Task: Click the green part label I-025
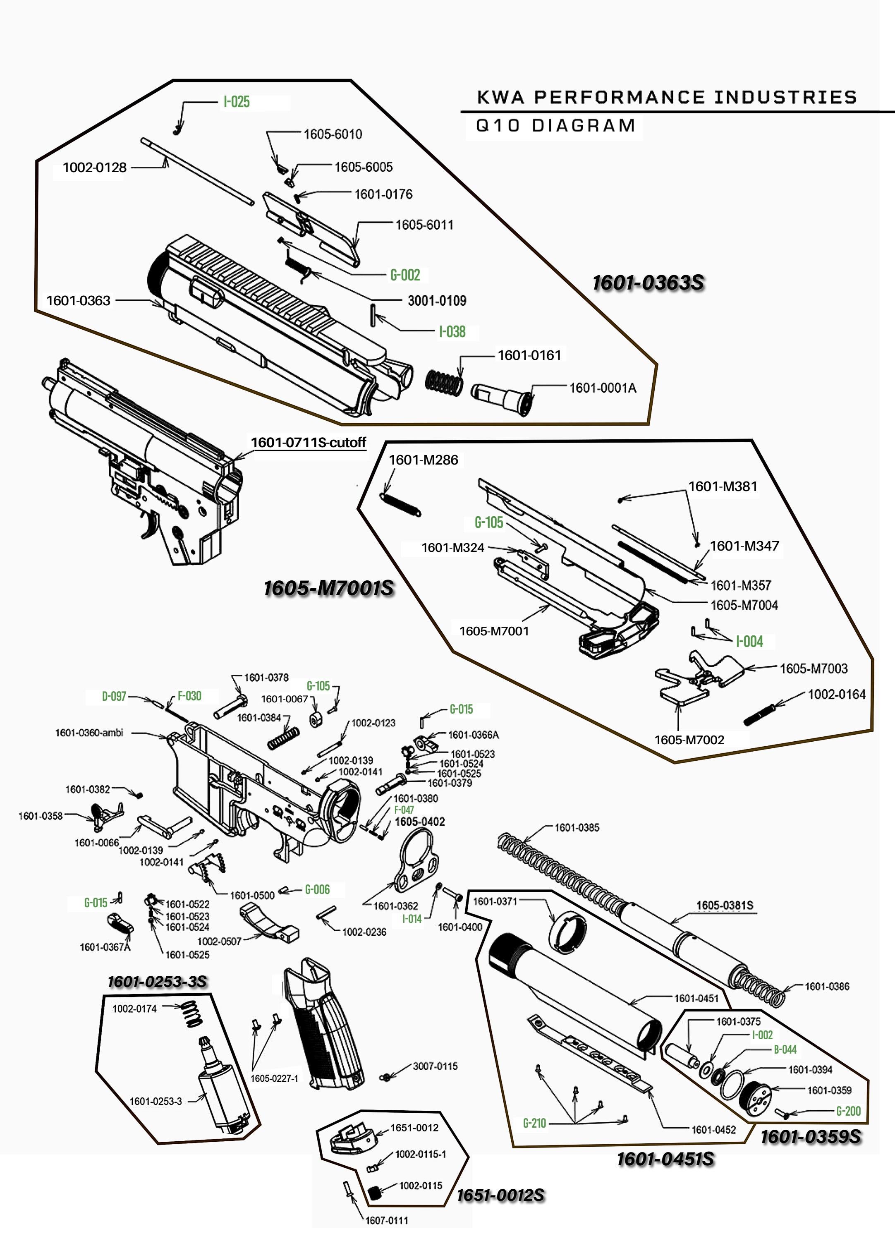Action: tap(236, 102)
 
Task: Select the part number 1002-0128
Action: tap(94, 168)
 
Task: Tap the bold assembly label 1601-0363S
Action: tap(648, 283)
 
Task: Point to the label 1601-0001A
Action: tap(603, 388)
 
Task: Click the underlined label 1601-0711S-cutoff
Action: tap(308, 442)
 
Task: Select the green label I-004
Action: tap(749, 641)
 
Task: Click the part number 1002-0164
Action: tap(836, 695)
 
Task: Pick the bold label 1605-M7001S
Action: tap(328, 588)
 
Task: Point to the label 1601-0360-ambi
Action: tap(89, 733)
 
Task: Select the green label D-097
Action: tap(114, 696)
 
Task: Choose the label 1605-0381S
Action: tap(724, 905)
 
